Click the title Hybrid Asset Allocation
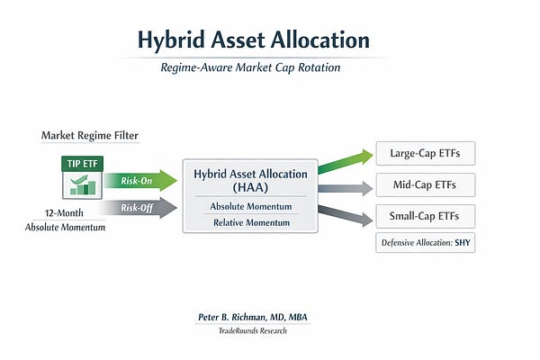pos(253,40)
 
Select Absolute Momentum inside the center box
pos(244,206)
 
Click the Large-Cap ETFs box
pos(425,153)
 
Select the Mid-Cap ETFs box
pos(425,186)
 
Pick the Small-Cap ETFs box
pos(425,217)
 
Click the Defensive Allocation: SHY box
pos(425,243)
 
